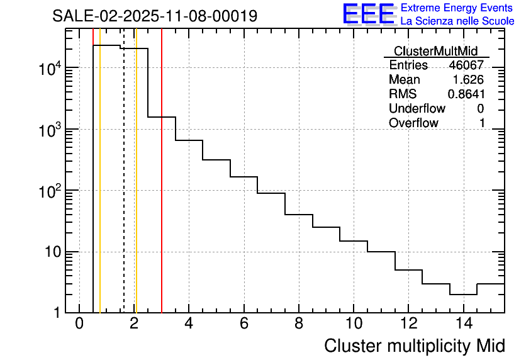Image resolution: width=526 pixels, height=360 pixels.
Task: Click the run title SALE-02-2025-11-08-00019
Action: pos(155,16)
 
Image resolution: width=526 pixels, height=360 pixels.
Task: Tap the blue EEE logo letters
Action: pos(369,14)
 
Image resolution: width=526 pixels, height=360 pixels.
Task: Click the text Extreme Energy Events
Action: pos(457,8)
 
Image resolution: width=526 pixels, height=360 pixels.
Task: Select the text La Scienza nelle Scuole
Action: pos(457,21)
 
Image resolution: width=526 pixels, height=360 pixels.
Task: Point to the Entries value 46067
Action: pos(466,65)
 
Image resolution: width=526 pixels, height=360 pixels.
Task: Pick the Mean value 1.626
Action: pos(468,80)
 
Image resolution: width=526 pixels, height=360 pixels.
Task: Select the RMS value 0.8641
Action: pos(466,94)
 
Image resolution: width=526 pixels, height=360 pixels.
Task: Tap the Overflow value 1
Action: pos(482,123)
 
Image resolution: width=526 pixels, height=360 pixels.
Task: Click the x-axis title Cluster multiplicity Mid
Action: pos(414,346)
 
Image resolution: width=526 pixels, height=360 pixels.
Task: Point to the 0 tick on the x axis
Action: pos(79,323)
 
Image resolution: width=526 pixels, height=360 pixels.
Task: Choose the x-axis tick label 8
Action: pos(299,323)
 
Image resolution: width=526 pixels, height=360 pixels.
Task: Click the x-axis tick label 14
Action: pos(463,323)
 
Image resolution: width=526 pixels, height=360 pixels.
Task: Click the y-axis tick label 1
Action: pos(57,313)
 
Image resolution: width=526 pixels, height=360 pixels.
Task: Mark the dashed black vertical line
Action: pos(124,189)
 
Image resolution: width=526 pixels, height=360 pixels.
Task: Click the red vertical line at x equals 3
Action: pos(162,189)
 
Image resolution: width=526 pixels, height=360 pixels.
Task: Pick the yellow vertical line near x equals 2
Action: pos(136,189)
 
